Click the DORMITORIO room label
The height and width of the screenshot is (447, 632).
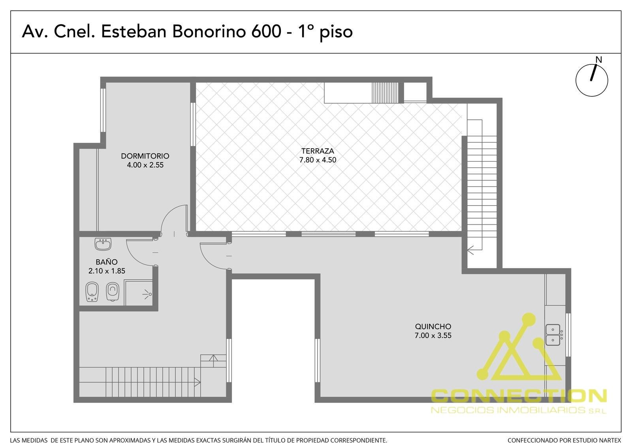(x=145, y=156)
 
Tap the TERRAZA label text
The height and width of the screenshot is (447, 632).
(x=318, y=151)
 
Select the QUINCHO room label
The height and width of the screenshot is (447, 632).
(x=433, y=326)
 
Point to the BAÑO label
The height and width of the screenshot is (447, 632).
(x=107, y=262)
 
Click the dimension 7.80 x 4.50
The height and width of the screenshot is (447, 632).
(x=318, y=160)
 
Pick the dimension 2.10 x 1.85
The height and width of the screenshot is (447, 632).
(x=107, y=271)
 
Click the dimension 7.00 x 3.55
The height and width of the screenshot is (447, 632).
(x=433, y=336)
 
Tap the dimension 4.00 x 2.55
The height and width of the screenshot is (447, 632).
(x=145, y=165)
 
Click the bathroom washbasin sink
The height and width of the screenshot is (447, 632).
(x=103, y=244)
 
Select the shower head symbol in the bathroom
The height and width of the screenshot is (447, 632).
(x=148, y=294)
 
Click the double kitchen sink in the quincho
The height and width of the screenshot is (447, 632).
(x=553, y=335)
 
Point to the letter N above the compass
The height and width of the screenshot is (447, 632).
(x=599, y=60)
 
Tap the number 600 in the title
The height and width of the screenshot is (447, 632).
(x=266, y=31)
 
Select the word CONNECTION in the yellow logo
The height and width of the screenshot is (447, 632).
(x=519, y=396)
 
